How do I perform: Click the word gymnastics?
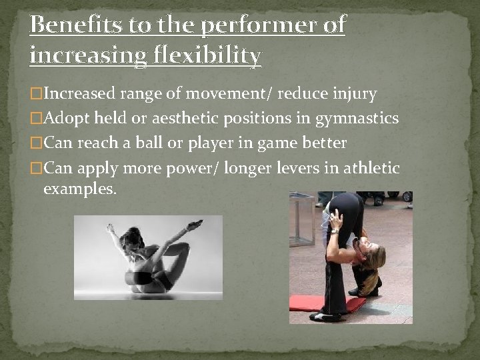[x=356, y=119]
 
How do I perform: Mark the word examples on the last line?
[x=79, y=189]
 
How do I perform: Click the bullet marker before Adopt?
[x=36, y=119]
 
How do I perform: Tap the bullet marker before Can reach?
[x=36, y=143]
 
